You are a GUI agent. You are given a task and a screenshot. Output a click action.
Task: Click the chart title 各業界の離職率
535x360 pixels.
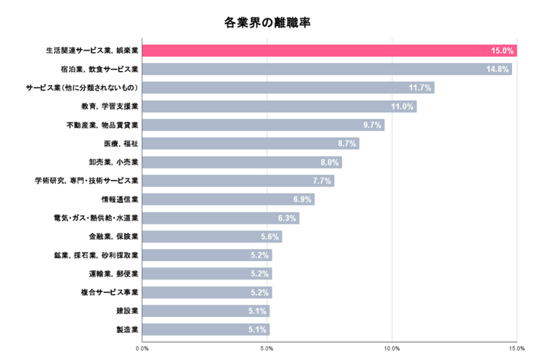pos(267,22)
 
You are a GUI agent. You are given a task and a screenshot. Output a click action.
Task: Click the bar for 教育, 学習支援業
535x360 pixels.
pos(276,106)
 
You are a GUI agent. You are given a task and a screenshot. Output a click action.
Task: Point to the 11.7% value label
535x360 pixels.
pos(421,88)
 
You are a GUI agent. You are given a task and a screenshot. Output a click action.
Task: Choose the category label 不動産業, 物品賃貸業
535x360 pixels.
pos(103,125)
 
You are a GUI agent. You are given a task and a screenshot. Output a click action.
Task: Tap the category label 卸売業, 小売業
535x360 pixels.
pos(113,162)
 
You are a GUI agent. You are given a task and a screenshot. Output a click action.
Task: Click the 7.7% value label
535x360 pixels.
pos(322,181)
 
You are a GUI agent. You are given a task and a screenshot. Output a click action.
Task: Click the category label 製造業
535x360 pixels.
pos(127,329)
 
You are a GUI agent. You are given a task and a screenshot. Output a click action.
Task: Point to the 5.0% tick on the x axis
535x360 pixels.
pos(267,349)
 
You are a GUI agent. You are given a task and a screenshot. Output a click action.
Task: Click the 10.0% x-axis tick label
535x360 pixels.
pos(392,349)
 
